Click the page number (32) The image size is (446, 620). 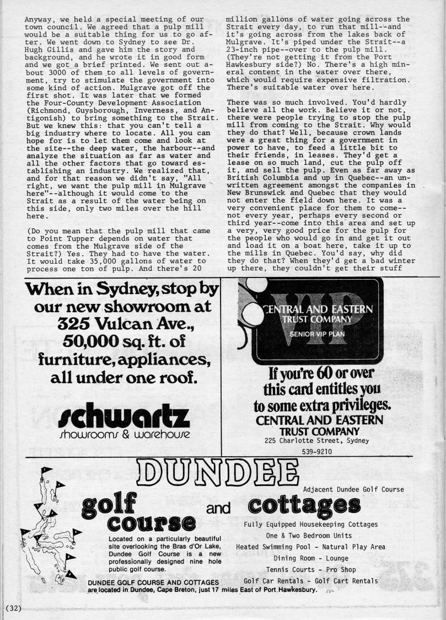(x=12, y=608)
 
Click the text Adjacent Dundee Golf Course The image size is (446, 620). (x=353, y=489)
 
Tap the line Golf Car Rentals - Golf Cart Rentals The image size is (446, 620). (x=310, y=580)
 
